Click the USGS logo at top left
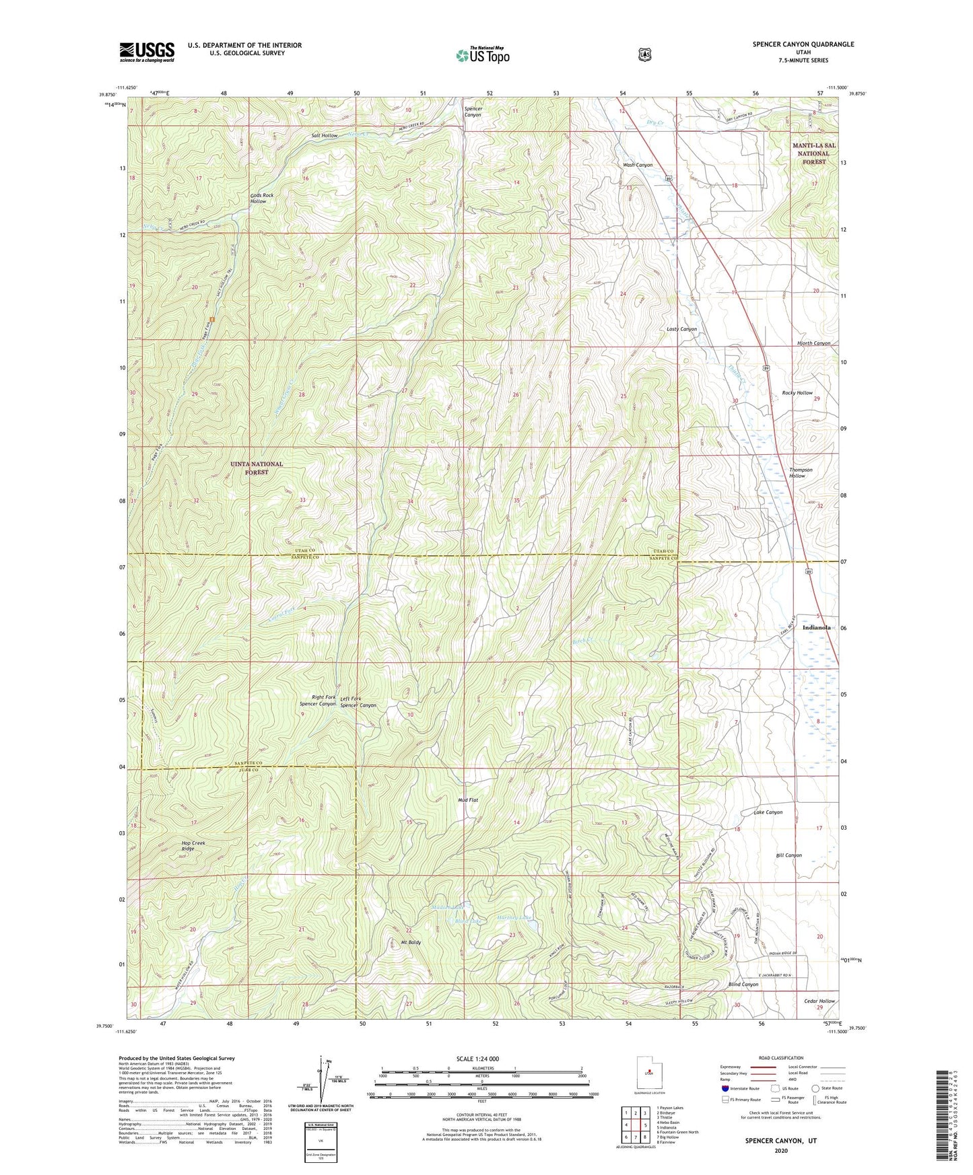[x=147, y=52]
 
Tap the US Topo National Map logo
[x=481, y=55]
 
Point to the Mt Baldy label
[x=409, y=942]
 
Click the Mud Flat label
[x=468, y=800]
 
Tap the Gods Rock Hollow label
[x=262, y=198]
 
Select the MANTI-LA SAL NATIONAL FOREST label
[x=813, y=153]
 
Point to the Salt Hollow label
[x=325, y=136]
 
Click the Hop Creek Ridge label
[x=193, y=845]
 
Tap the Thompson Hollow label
[x=800, y=472]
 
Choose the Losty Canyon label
[x=681, y=329]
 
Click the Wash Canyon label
[x=637, y=165]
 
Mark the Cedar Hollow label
[x=819, y=1001]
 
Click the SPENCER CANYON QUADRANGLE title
[x=803, y=44]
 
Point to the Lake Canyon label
[x=768, y=812]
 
